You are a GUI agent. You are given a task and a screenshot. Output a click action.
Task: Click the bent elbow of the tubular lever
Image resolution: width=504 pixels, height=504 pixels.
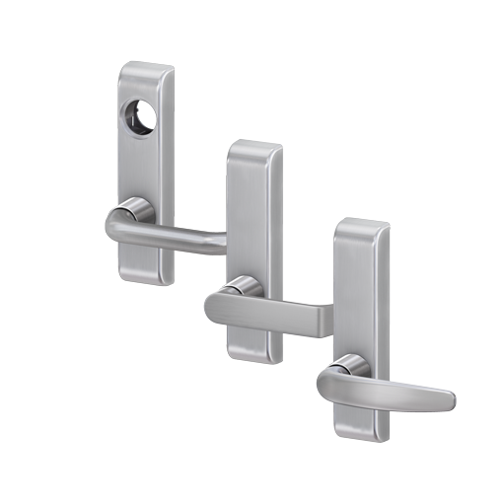point(116,226)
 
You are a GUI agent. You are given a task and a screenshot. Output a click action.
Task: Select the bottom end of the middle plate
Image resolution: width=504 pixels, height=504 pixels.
point(252,349)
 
